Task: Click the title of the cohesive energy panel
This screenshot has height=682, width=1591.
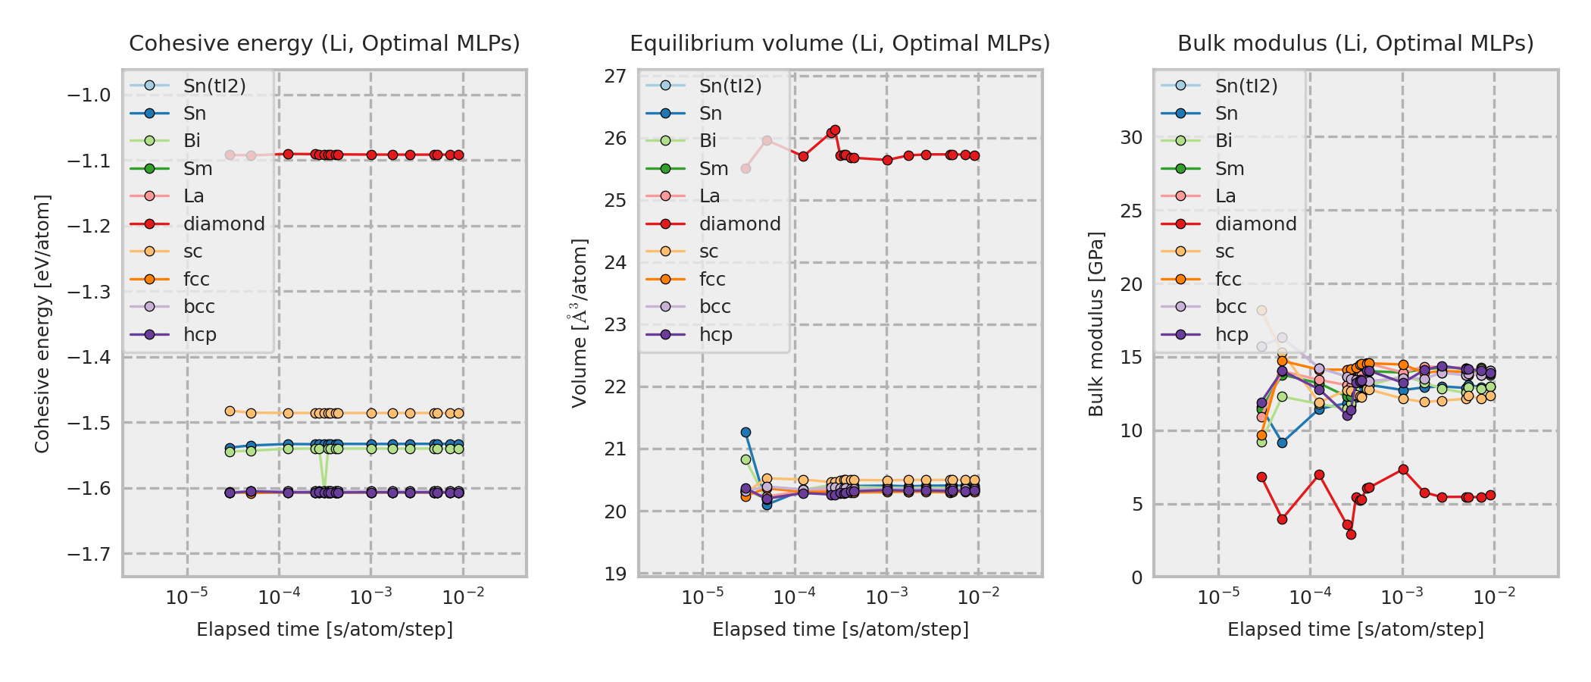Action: pos(324,44)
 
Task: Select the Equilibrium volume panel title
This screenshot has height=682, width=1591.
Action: pos(840,44)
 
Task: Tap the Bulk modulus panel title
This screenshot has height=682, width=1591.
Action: pos(1355,44)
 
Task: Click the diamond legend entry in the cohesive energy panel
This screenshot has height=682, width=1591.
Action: pos(223,224)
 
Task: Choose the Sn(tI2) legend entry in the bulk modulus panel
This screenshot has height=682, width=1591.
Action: pos(1246,86)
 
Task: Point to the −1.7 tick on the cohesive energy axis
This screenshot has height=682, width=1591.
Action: pos(89,555)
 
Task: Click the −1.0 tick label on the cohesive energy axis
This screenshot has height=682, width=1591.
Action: pos(89,95)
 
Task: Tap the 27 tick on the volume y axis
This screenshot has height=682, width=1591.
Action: pos(616,76)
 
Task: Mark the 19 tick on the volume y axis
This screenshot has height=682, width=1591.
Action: pos(616,574)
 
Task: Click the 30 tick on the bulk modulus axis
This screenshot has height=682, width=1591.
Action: pos(1131,138)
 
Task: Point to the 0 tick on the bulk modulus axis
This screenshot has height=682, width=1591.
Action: pos(1137,578)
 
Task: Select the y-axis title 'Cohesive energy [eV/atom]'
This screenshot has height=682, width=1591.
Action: pos(42,324)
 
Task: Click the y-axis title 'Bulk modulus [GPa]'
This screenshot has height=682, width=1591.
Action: pos(1096,324)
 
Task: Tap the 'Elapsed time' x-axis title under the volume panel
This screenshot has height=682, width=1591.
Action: pos(840,630)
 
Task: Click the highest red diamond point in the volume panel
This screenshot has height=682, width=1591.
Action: pos(835,130)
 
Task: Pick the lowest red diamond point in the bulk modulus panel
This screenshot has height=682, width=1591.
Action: pos(1351,534)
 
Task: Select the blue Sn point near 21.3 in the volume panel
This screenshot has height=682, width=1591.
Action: pos(745,433)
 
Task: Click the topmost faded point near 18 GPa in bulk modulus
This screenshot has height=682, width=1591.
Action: pos(1261,311)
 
